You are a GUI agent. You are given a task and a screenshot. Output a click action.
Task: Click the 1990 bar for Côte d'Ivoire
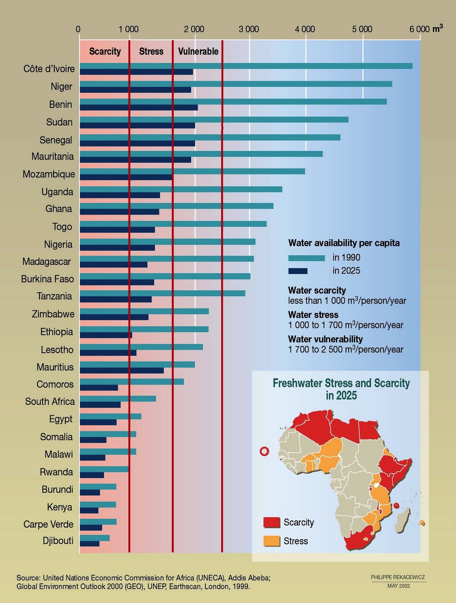245,66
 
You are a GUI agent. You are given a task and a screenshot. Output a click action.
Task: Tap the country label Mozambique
49,174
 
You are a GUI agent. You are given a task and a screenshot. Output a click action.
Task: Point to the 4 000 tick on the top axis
305,29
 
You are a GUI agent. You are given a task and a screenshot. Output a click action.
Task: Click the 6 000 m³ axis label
426,29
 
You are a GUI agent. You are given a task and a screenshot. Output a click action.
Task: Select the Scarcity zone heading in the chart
105,51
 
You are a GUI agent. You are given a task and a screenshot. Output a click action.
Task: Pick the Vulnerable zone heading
198,51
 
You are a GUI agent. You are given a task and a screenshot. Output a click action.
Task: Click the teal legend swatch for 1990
306,258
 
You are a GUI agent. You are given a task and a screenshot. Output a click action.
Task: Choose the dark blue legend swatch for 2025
298,271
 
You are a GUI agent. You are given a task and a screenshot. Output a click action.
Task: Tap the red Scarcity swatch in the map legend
272,522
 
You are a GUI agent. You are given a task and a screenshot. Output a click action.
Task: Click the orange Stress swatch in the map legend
272,541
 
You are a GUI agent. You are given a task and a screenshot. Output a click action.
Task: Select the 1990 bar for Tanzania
162,293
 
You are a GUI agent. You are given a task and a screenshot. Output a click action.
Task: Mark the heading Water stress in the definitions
313,315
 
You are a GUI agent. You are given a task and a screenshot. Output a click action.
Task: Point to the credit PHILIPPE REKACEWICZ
398,577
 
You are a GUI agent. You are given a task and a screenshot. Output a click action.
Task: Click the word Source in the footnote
28,578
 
